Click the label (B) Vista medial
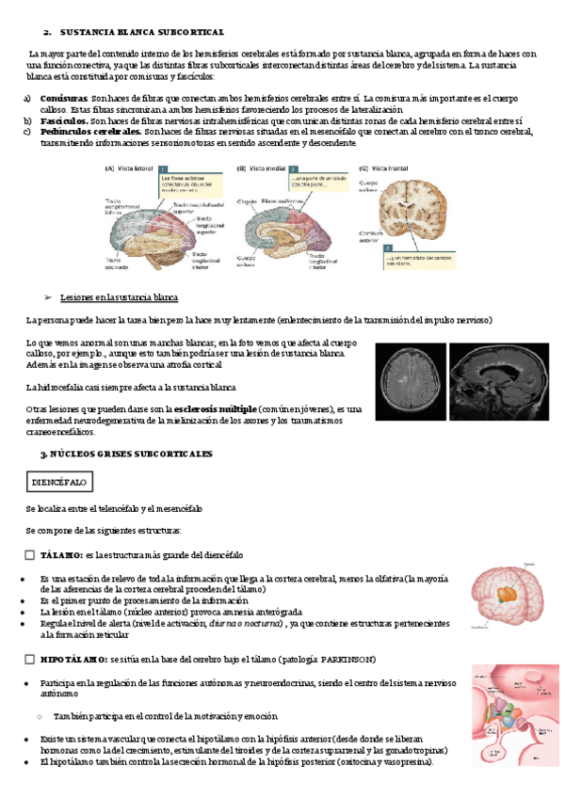260,168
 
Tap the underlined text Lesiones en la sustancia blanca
119,297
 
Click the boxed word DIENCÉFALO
59,481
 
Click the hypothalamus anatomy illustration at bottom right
512,715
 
